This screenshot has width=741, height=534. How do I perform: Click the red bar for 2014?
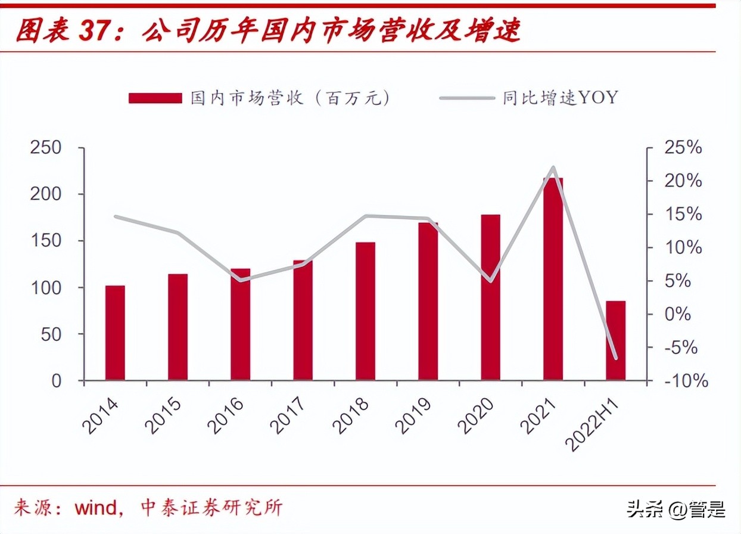pos(115,333)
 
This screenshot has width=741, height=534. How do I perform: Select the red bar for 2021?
pos(553,279)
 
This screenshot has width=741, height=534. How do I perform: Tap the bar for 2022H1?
pos(615,340)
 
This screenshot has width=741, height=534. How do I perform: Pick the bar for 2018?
pos(365,311)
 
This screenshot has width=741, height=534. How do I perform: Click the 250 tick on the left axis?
pos(46,148)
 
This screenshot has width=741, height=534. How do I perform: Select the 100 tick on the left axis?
pos(46,288)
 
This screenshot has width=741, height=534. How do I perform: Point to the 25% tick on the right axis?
pos(683,148)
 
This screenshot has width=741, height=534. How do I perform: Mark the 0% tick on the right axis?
pos(677,314)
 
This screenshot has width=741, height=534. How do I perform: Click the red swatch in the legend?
pos(155,98)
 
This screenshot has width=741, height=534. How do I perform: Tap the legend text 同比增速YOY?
pos(560,98)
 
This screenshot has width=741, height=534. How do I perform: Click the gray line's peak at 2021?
pos(553,167)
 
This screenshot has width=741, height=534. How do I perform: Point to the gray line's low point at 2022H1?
pos(615,358)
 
